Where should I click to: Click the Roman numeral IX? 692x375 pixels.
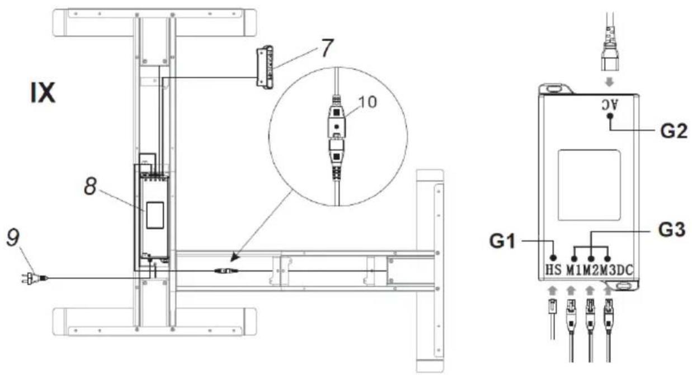[43, 93]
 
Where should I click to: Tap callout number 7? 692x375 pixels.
[327, 48]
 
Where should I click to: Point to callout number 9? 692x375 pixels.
[13, 238]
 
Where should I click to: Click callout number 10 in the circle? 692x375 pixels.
[368, 102]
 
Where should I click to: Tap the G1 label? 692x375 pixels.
[502, 241]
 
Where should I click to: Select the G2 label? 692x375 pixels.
[674, 131]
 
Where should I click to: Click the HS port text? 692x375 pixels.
[553, 270]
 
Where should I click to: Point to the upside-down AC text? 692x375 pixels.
[610, 105]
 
